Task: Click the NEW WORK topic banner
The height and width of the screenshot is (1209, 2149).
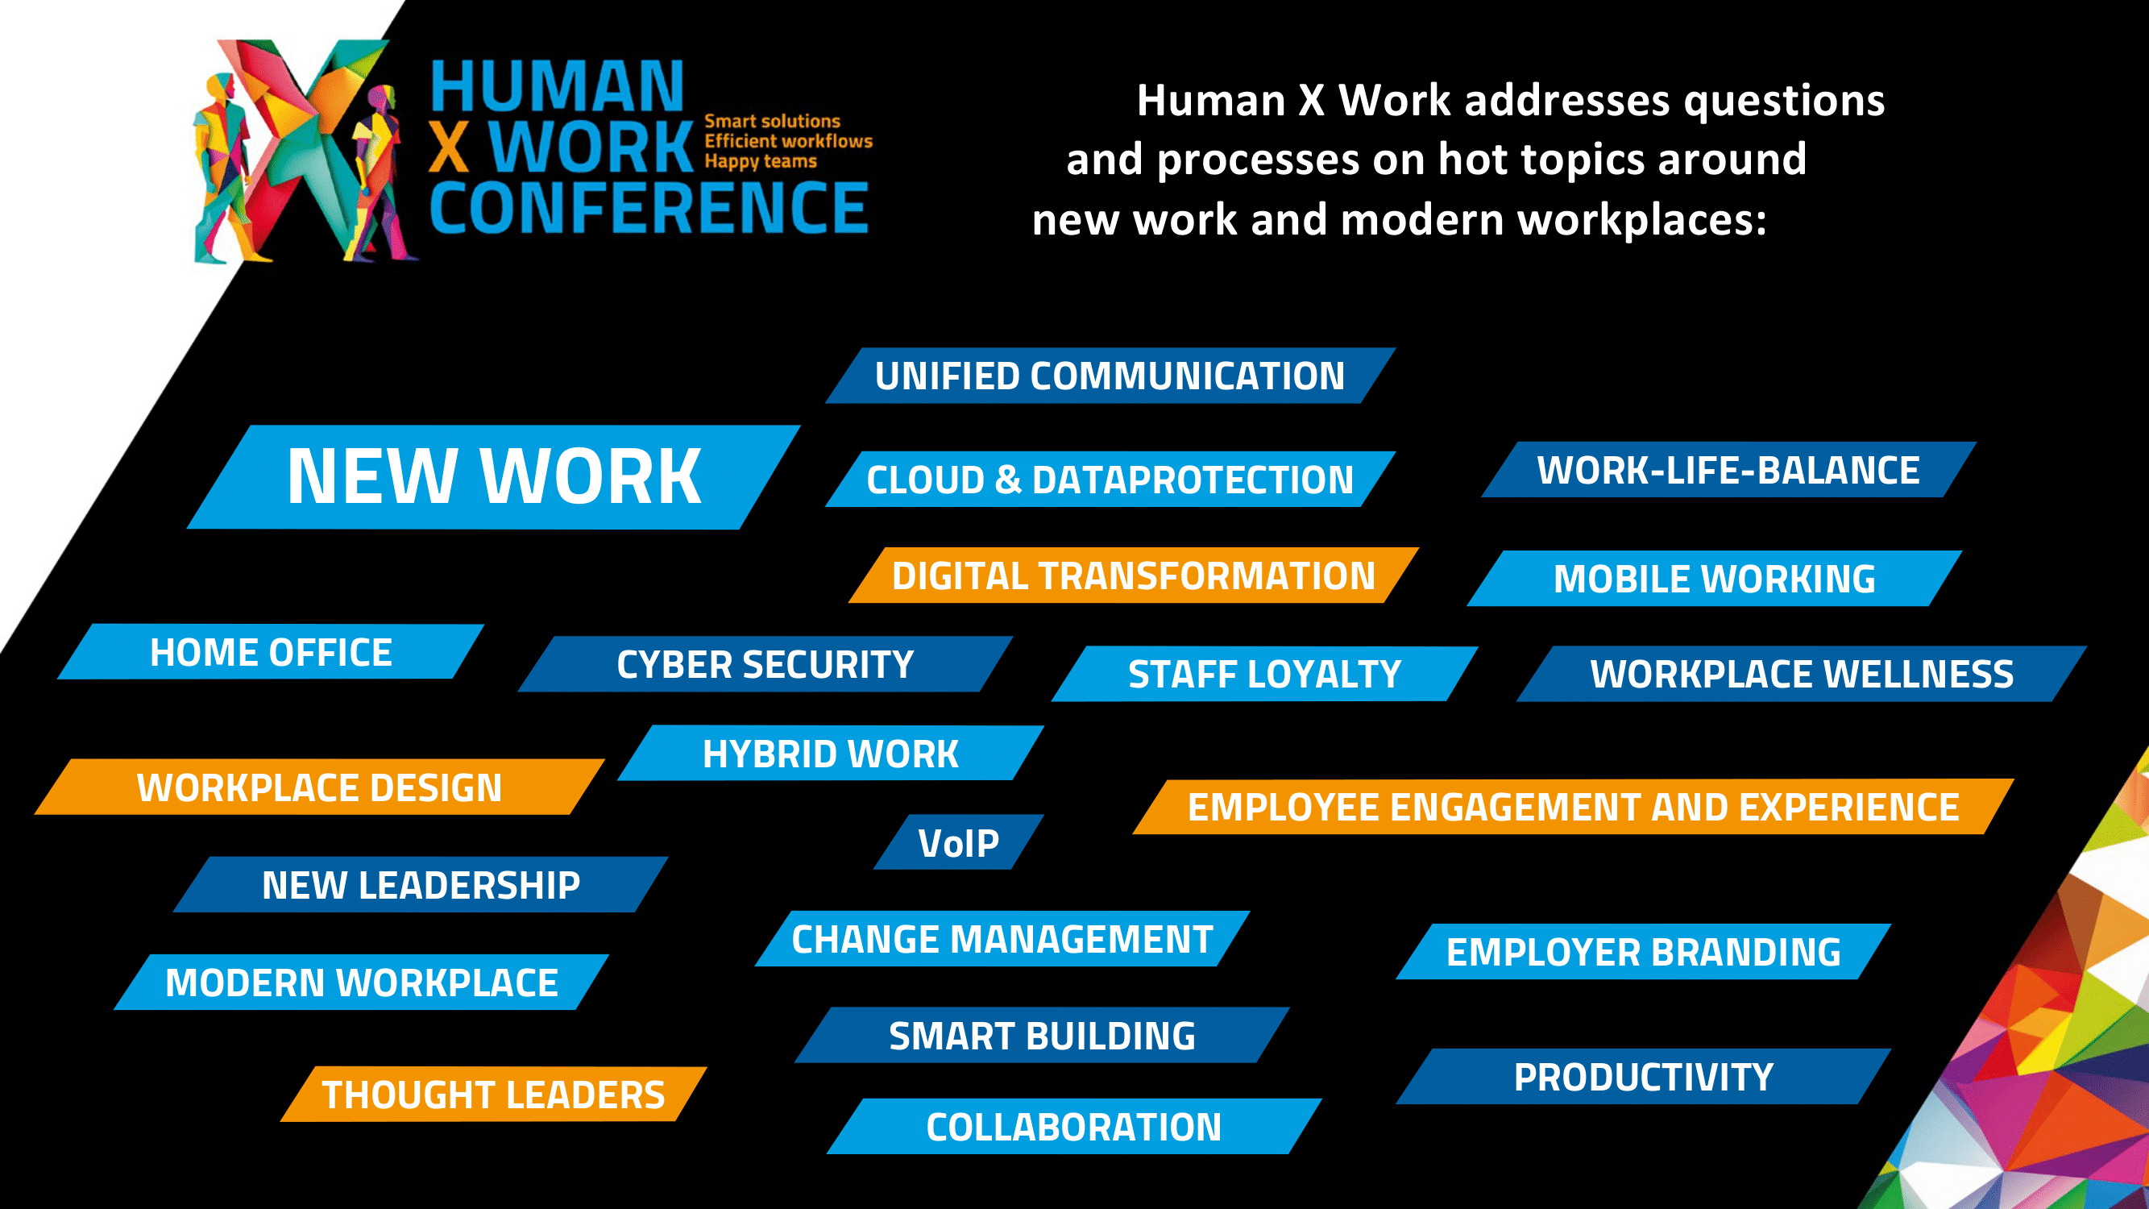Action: coord(493,476)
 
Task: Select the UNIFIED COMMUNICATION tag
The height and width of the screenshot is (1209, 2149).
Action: coord(1110,376)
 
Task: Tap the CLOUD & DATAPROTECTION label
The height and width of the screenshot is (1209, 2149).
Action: coord(1110,479)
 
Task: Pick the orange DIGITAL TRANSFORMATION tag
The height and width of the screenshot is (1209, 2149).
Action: coord(1134,575)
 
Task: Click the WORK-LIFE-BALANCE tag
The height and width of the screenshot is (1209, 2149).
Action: coord(1728,470)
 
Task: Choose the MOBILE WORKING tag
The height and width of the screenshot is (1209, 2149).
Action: coord(1715,578)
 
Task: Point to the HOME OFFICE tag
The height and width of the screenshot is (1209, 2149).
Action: coord(270,651)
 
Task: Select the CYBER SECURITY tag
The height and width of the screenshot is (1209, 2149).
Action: coord(765,664)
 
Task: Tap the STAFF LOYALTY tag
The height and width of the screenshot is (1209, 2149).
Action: coord(1265,673)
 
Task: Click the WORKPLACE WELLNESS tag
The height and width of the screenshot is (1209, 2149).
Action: coord(1802,673)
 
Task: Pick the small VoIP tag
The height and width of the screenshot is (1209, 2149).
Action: coord(959,842)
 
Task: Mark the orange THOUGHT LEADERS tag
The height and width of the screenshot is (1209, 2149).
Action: coord(493,1094)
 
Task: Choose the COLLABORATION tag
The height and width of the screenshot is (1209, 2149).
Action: coord(1075,1127)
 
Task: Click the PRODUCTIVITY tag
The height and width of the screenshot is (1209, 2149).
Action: coord(1644,1076)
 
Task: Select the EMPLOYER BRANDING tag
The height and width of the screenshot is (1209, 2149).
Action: coord(1644,951)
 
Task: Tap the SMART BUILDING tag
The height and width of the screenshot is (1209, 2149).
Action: coord(1042,1035)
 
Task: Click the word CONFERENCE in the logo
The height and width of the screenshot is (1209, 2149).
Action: coord(649,208)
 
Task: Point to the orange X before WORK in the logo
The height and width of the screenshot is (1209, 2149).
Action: coord(449,147)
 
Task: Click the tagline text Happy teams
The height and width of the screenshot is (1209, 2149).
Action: coord(760,161)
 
